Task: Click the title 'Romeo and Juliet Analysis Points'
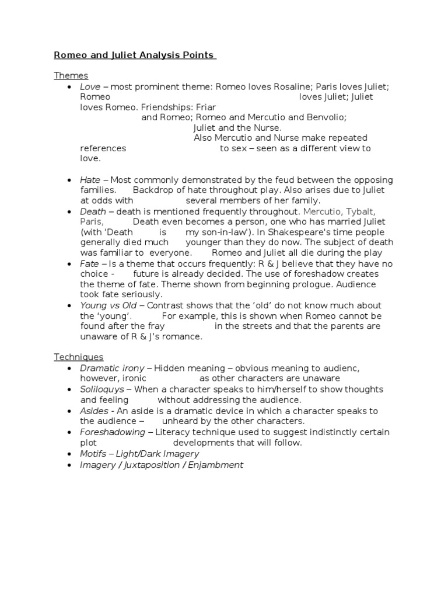[135, 55]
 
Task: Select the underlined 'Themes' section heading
[71, 75]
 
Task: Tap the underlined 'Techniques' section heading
[79, 357]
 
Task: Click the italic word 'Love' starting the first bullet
[90, 86]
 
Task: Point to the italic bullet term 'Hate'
[90, 180]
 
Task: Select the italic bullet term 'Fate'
[90, 264]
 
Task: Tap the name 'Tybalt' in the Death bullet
[362, 211]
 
